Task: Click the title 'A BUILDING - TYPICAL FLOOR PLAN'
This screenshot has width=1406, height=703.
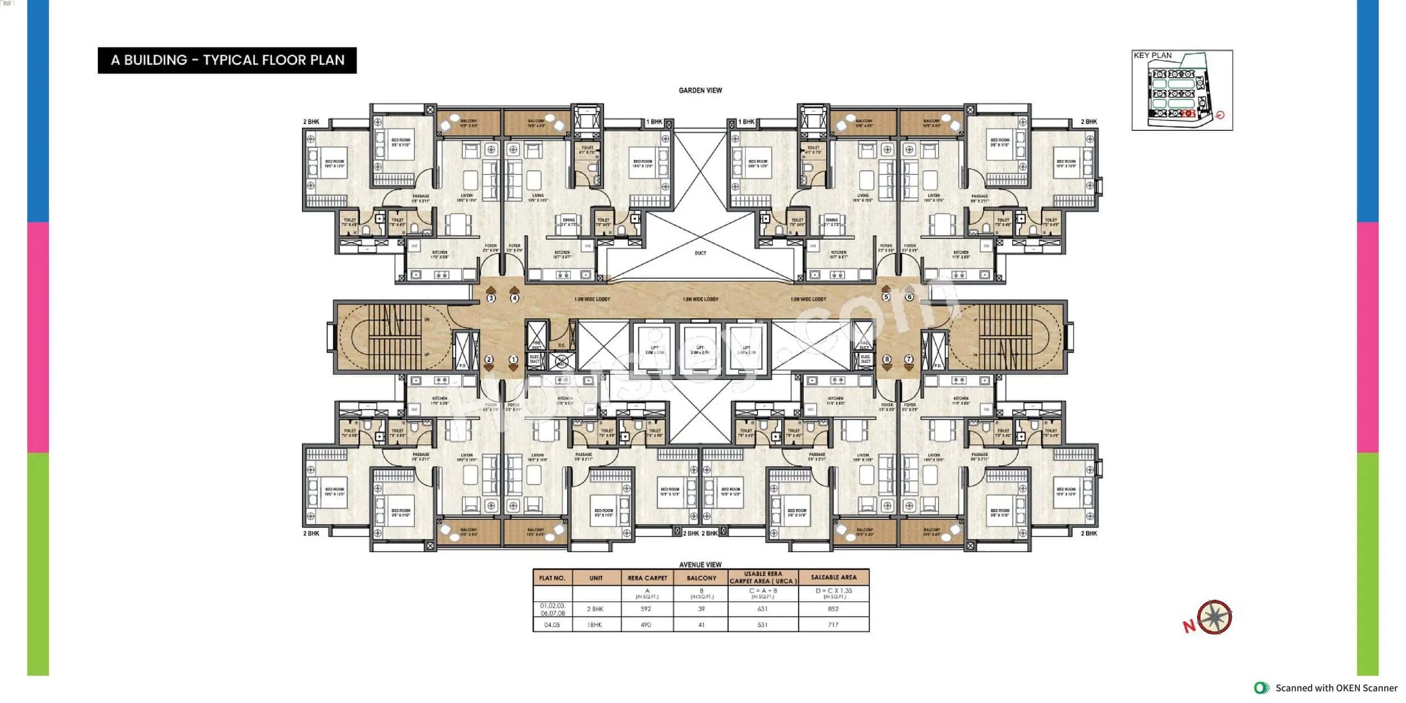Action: click(227, 60)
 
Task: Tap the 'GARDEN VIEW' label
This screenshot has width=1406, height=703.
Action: click(700, 90)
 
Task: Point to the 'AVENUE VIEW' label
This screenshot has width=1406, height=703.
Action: click(700, 564)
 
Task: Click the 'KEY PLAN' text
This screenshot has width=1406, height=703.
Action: click(1152, 55)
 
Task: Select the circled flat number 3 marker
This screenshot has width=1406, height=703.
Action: click(491, 298)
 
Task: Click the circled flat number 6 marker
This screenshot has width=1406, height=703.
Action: click(909, 296)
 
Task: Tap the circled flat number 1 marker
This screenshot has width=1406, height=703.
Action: click(513, 359)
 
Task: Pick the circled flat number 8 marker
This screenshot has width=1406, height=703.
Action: click(887, 359)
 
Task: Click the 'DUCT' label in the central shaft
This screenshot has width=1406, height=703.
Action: click(700, 253)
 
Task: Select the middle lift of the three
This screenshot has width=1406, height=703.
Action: click(700, 349)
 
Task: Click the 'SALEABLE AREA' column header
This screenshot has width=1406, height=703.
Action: click(833, 577)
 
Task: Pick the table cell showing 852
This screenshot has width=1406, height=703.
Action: click(833, 609)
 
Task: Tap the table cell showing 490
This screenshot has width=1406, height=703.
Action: click(646, 624)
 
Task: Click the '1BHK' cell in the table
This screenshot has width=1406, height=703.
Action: click(595, 624)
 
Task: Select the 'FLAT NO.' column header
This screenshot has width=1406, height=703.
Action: click(552, 578)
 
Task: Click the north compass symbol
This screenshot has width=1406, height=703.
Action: click(1214, 618)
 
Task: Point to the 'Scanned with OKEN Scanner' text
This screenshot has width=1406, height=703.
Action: click(1336, 688)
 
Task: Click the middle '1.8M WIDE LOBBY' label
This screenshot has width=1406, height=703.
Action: click(700, 299)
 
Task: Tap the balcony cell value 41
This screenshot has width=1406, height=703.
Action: click(701, 624)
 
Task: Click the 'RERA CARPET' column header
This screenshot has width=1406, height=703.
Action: click(647, 578)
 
